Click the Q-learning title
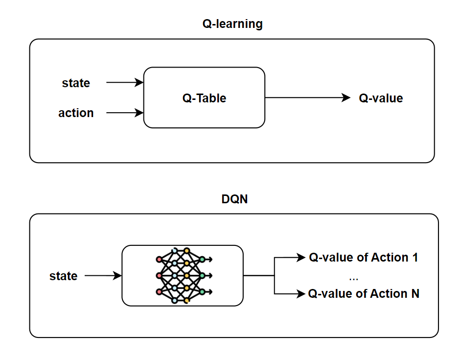pyautogui.click(x=232, y=24)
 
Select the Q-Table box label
pyautogui.click(x=204, y=98)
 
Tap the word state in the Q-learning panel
pyautogui.click(x=76, y=83)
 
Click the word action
pyautogui.click(x=76, y=113)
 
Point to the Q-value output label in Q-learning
pyautogui.click(x=381, y=98)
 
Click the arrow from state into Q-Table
pyautogui.click(x=124, y=83)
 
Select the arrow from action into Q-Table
pyautogui.click(x=124, y=113)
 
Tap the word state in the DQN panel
pyautogui.click(x=63, y=276)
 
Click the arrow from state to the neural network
pyautogui.click(x=103, y=276)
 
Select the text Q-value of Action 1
pyautogui.click(x=363, y=258)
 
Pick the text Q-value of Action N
pyautogui.click(x=363, y=294)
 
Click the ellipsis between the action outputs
pyautogui.click(x=354, y=278)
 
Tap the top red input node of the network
pyautogui.click(x=159, y=259)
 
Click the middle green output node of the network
pyautogui.click(x=202, y=275)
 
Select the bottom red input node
pyautogui.click(x=159, y=291)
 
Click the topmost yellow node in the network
pyautogui.click(x=186, y=251)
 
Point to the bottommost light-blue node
pyautogui.click(x=175, y=300)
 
